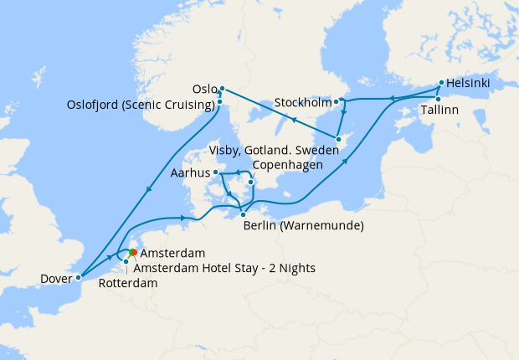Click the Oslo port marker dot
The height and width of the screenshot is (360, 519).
222,89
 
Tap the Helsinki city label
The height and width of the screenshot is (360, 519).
469,83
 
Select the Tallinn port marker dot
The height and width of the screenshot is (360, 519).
438,99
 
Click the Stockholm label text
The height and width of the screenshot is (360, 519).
303,103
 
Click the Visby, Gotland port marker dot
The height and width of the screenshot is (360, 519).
338,139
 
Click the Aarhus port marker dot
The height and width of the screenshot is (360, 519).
216,172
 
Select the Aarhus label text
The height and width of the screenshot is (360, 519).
189,173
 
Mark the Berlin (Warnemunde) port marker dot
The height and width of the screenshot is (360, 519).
243,214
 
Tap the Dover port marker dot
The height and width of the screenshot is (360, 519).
78,277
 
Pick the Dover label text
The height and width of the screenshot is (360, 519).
56,278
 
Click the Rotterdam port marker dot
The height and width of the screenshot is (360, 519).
126,262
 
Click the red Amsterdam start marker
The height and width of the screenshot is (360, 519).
134,252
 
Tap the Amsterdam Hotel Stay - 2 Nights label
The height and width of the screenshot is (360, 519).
224,268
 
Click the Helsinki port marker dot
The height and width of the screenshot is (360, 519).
441,84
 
